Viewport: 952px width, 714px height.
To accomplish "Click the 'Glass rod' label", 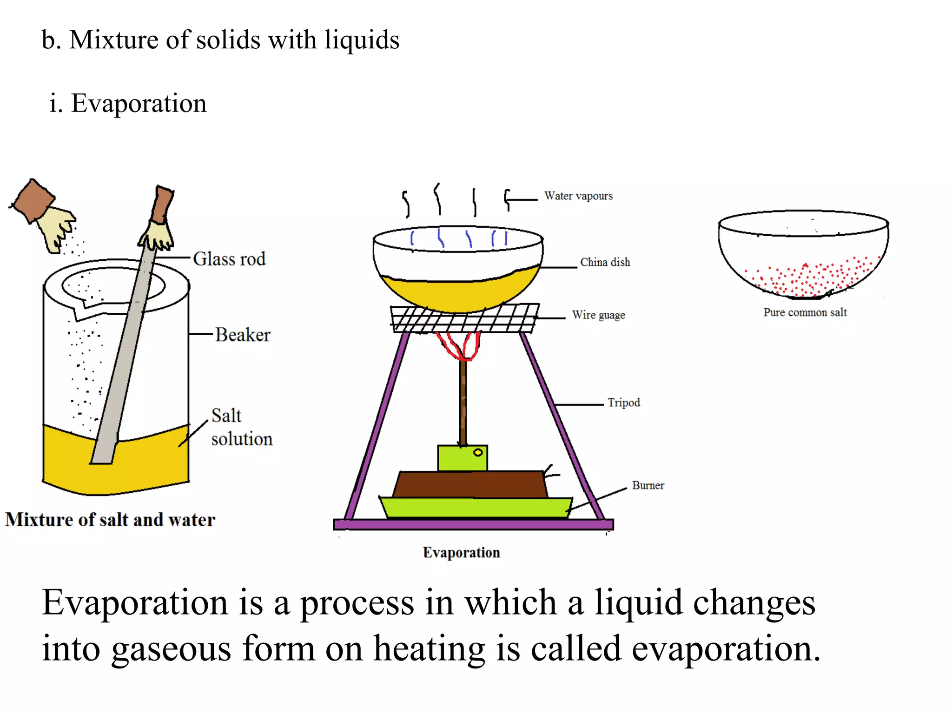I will tap(229, 259).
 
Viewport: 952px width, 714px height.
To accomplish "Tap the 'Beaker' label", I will tap(242, 335).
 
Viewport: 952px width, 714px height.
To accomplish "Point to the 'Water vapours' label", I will tap(578, 196).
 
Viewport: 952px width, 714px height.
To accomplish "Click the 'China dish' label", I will tap(605, 262).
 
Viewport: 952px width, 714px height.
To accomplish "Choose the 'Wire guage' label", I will tap(598, 315).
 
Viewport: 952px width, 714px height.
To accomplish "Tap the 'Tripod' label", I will tap(623, 403).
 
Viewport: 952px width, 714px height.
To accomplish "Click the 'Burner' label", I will tap(648, 485).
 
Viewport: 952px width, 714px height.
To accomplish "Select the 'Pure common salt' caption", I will tap(805, 312).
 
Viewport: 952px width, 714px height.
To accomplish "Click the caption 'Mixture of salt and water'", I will tap(110, 520).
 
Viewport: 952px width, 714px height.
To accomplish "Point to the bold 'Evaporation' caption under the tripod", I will tap(461, 552).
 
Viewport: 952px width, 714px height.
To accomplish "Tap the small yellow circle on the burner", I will tap(478, 452).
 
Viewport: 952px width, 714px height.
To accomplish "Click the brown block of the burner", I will tap(469, 485).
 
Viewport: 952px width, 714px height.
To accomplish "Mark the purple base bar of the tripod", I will tap(473, 524).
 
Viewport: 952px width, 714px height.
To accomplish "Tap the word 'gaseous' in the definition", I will tap(171, 648).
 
